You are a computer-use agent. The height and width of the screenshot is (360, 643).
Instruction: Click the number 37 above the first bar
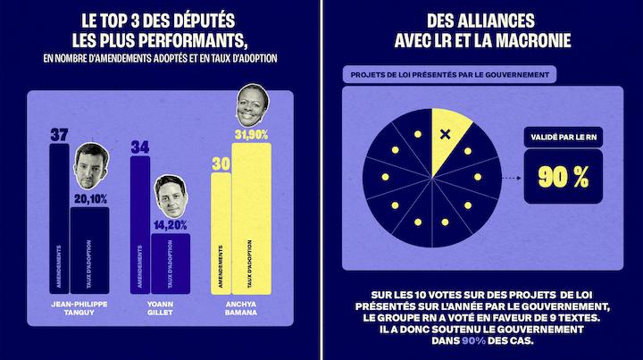coord(59,135)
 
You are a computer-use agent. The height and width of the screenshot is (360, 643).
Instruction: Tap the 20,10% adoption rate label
coord(89,199)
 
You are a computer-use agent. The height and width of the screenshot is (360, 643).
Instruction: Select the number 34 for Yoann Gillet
coord(139,147)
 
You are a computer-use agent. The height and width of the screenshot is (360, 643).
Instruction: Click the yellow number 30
coord(221,163)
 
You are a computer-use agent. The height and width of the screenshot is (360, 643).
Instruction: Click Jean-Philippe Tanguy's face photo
coord(89,166)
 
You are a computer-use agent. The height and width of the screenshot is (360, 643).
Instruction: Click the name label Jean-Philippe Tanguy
coord(79,307)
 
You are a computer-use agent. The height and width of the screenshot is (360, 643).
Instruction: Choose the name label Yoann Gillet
coord(159,307)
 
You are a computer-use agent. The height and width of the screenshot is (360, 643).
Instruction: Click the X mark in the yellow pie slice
coord(446,135)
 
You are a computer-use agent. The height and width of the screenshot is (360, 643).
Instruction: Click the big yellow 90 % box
coord(563,176)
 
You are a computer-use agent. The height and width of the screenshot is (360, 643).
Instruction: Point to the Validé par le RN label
coord(563,138)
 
